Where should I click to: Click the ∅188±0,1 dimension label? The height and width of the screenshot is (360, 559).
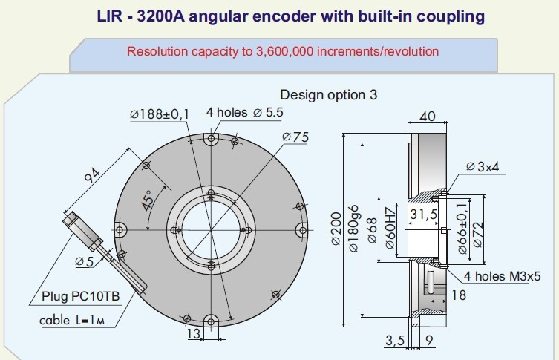(x=160, y=114)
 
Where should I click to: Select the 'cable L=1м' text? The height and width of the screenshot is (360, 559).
(x=76, y=321)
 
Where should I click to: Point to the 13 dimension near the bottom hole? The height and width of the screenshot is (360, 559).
(x=194, y=335)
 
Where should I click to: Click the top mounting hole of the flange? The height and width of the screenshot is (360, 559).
(x=212, y=138)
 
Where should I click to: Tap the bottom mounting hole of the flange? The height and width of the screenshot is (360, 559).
(x=212, y=321)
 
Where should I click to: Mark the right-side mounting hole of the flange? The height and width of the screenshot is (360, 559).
(x=303, y=229)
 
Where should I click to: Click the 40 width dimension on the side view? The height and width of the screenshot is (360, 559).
(x=428, y=117)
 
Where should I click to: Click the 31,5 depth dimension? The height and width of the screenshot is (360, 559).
(x=421, y=215)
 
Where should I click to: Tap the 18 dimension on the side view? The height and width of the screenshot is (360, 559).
(x=457, y=296)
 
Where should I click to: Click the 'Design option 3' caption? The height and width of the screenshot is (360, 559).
(x=329, y=94)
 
